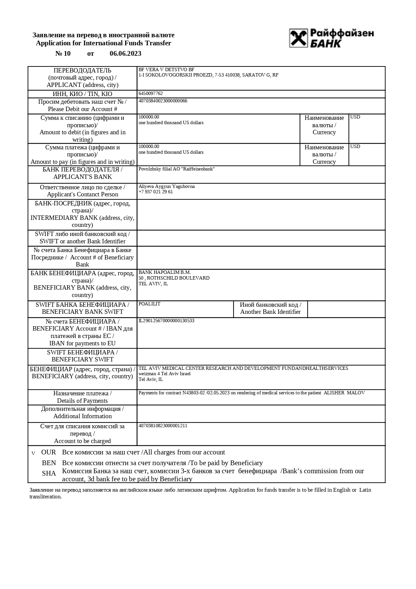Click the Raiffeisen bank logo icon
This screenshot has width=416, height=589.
click(298, 38)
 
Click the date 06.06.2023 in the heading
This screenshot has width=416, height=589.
click(125, 54)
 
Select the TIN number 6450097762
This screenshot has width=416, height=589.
click(151, 94)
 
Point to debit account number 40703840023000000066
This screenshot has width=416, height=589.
click(163, 101)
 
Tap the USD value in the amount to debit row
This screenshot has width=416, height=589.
click(355, 117)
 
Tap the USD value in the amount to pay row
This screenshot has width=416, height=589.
click(355, 147)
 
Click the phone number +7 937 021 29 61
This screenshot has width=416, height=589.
click(156, 192)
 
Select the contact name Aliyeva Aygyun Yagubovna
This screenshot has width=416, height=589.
click(166, 187)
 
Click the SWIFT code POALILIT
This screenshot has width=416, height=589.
click(149, 304)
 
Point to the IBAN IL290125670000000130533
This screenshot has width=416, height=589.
click(166, 321)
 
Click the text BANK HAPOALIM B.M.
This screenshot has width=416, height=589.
click(164, 273)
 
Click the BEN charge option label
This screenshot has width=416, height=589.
click(49, 463)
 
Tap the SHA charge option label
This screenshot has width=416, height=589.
click(49, 474)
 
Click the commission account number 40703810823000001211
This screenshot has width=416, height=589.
click(163, 426)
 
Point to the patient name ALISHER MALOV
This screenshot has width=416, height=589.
click(344, 393)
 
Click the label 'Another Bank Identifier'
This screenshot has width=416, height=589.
click(270, 312)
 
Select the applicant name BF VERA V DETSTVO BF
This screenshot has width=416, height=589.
click(166, 70)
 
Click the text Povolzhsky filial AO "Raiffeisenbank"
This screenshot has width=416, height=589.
click(176, 169)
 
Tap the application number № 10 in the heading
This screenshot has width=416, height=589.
click(63, 54)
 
